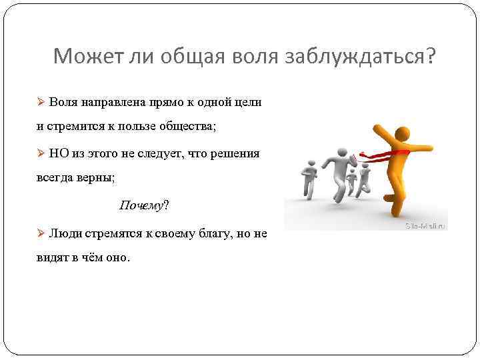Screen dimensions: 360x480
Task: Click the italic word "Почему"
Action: [141, 205]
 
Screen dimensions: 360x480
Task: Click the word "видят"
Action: [51, 256]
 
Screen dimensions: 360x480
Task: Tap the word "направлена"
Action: [108, 103]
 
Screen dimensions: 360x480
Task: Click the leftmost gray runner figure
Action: [307, 178]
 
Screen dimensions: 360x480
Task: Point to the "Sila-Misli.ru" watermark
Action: [425, 226]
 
